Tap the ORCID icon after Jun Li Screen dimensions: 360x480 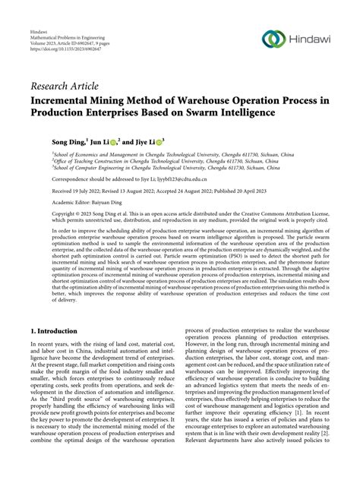point(112,139)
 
